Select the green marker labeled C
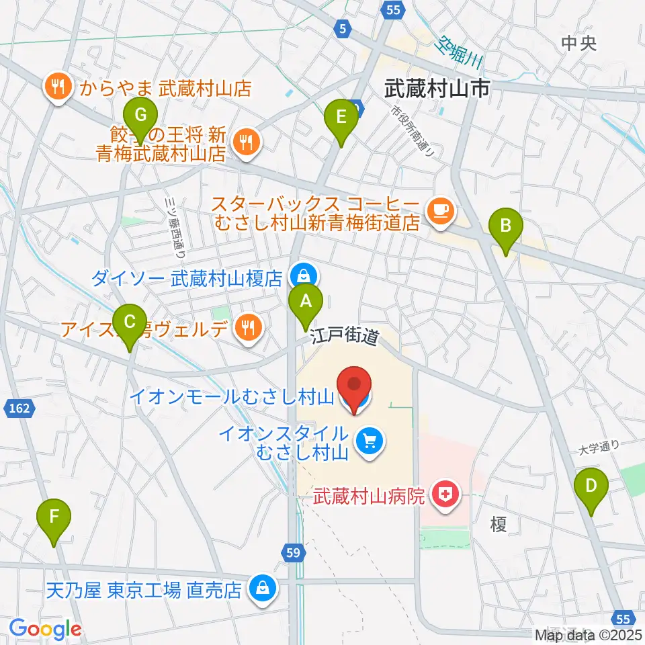tap(130, 321)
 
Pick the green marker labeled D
tap(591, 486)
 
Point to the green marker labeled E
tap(341, 117)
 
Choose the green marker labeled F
tap(56, 517)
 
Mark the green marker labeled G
tap(140, 115)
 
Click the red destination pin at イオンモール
tap(354, 386)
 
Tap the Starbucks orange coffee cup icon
tap(442, 212)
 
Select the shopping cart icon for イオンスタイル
tap(369, 441)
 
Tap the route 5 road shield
tap(343, 28)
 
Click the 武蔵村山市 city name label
tap(436, 88)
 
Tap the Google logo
tap(45, 629)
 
